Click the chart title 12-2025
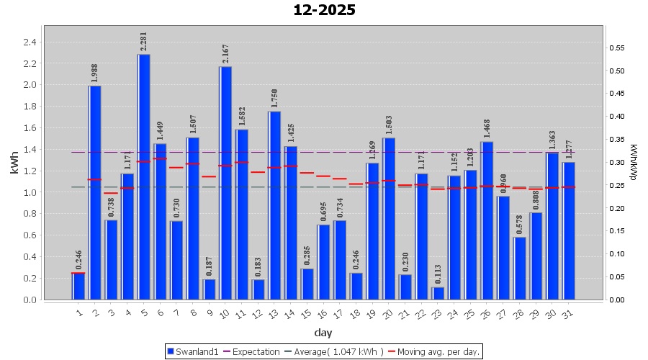pos(324,10)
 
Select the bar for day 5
pos(144,176)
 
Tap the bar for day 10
pos(225,183)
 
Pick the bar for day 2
pos(95,192)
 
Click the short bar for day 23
pos(438,293)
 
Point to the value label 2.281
pos(143,42)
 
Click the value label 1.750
pos(274,99)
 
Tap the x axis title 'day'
pos(323,333)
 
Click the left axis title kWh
pos(14,163)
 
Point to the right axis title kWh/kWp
pos(633,163)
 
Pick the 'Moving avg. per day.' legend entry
pos(433,351)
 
